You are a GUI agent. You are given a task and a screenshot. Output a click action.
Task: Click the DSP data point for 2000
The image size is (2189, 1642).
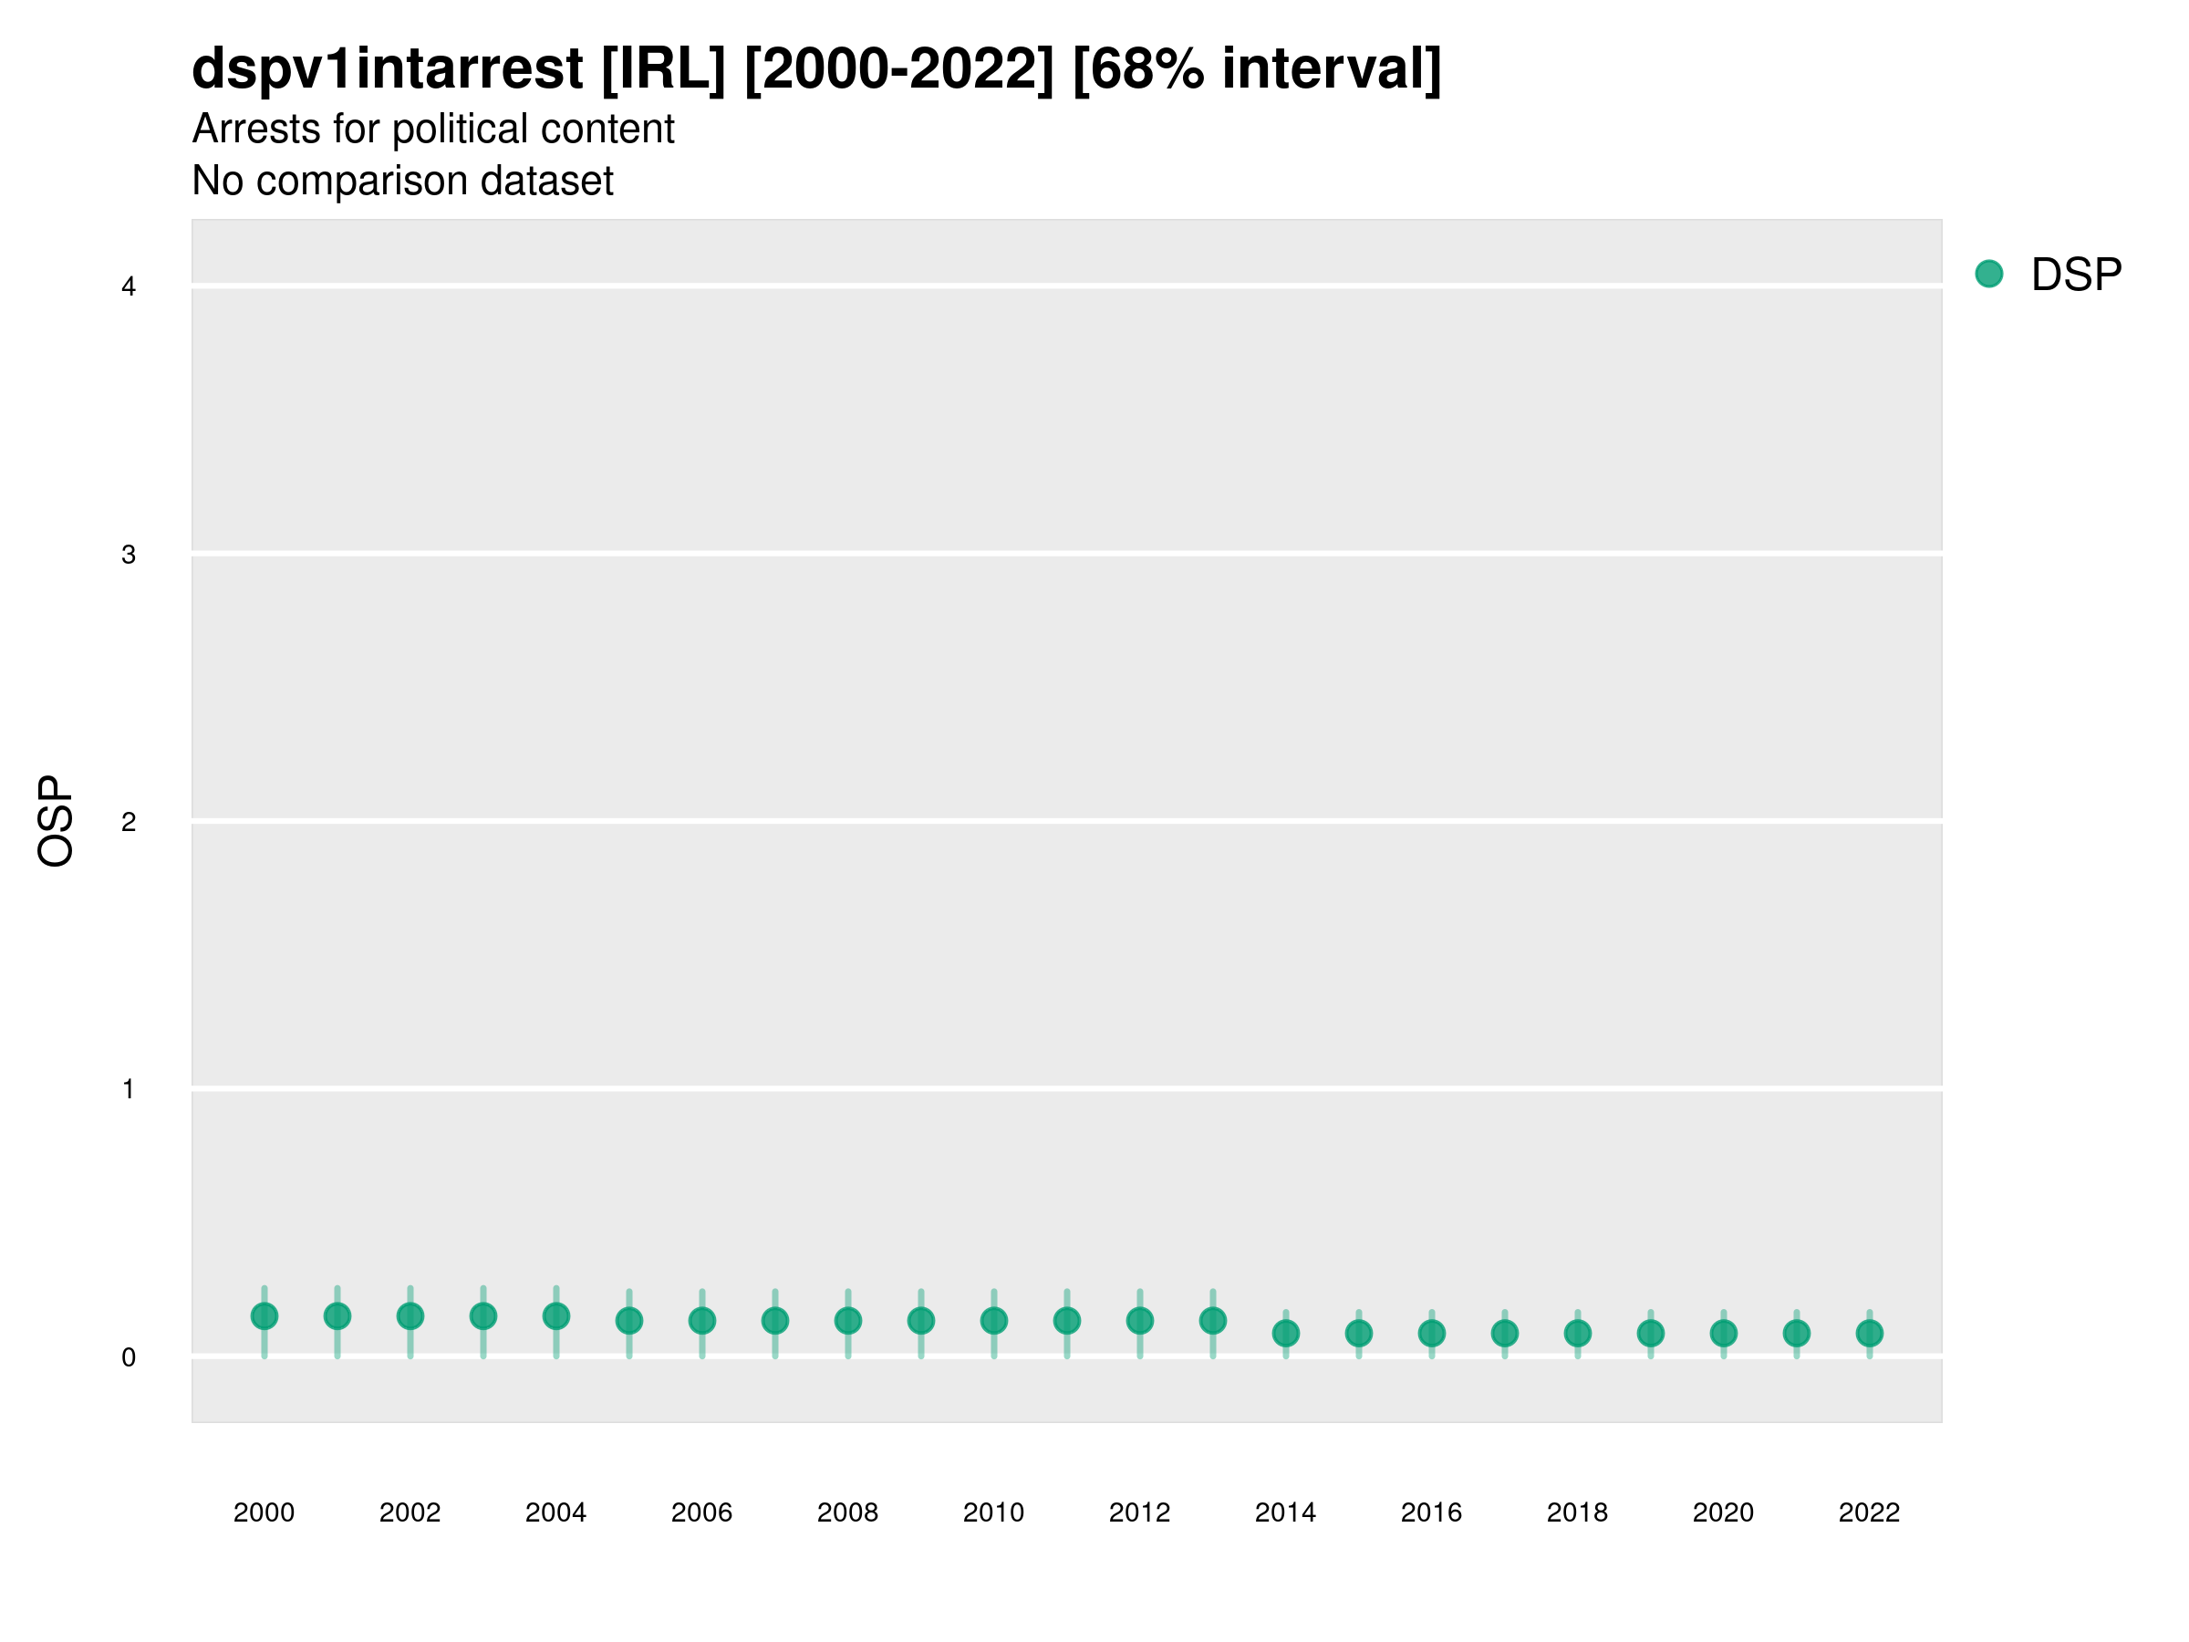(265, 1316)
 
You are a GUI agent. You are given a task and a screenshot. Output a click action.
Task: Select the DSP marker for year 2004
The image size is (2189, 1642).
(556, 1316)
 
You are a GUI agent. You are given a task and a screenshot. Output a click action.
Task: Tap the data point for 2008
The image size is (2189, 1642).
(848, 1320)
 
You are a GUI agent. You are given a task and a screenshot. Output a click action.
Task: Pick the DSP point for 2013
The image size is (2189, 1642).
(1212, 1320)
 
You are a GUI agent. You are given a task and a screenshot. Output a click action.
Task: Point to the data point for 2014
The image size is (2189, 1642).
(1285, 1333)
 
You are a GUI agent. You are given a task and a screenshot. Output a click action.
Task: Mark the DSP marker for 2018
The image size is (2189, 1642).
(1577, 1333)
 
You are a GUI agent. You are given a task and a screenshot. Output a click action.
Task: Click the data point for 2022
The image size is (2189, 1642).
(1870, 1333)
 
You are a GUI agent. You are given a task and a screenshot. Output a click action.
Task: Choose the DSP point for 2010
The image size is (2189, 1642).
(993, 1320)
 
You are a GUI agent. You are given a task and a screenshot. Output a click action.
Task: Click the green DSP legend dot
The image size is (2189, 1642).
(1988, 275)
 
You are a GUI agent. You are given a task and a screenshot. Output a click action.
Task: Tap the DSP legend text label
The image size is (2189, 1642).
(2076, 275)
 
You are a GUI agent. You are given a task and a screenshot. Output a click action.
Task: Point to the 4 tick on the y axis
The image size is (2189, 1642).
(129, 287)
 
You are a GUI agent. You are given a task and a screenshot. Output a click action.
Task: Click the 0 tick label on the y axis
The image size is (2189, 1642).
(129, 1357)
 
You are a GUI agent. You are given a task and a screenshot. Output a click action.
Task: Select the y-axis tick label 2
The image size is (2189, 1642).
(129, 822)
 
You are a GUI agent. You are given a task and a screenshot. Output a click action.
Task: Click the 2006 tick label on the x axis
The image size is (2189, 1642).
(701, 1512)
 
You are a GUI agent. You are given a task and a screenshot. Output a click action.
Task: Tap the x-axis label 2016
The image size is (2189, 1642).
(1431, 1512)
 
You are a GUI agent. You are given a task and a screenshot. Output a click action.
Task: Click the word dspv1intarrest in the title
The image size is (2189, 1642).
(387, 69)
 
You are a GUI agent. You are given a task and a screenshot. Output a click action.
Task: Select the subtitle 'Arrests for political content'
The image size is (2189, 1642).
(432, 129)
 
